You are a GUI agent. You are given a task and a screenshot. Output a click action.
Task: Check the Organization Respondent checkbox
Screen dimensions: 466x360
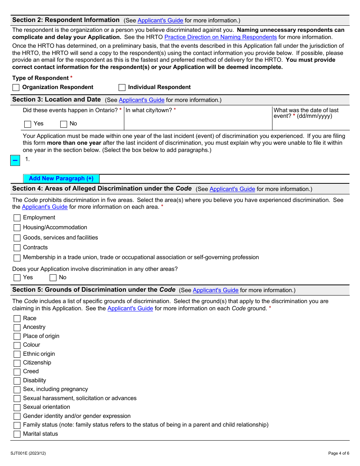[x=16, y=88]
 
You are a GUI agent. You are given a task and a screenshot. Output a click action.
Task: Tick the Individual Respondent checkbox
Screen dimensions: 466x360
[x=122, y=88]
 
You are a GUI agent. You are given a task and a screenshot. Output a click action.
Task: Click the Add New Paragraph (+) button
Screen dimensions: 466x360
[x=61, y=178]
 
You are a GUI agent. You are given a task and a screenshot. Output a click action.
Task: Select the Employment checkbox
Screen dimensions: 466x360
[x=17, y=218]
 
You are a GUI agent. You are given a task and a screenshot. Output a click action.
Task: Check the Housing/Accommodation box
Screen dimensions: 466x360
[x=17, y=228]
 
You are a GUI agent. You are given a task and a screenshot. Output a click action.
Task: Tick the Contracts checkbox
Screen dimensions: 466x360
[x=17, y=248]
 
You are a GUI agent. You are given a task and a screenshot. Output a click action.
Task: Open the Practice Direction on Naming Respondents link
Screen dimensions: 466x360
[x=221, y=37]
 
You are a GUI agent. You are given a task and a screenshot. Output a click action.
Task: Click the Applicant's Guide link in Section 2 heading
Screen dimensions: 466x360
[x=160, y=20]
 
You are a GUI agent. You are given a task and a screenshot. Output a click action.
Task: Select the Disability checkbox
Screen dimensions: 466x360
[x=17, y=381]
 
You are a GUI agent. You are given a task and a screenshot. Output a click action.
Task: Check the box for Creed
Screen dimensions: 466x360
[x=17, y=372]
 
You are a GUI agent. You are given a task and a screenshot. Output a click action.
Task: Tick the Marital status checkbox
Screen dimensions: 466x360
[x=17, y=434]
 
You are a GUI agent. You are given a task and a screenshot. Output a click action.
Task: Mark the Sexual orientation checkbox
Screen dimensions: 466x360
[x=17, y=408]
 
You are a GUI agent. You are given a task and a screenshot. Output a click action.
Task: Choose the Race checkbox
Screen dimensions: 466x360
[x=17, y=319]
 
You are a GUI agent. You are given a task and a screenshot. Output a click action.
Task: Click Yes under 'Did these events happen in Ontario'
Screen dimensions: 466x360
[x=28, y=124]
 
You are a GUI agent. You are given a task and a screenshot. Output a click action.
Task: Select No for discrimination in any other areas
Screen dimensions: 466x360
[x=53, y=278]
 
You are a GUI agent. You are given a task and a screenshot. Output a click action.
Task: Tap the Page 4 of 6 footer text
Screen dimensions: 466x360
[x=338, y=453]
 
